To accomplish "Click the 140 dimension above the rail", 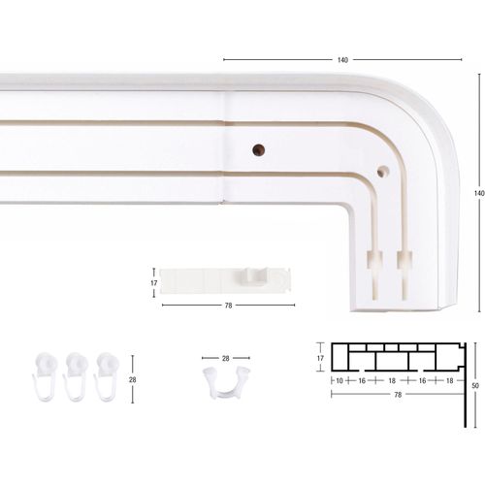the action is pyautogui.click(x=342, y=60).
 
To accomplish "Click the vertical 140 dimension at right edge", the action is pyautogui.click(x=479, y=193).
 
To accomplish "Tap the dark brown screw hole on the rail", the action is pyautogui.click(x=258, y=150).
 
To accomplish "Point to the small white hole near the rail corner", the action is pyautogui.click(x=382, y=172).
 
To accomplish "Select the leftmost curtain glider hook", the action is pyautogui.click(x=46, y=376).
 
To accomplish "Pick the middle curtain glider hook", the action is pyautogui.click(x=76, y=376).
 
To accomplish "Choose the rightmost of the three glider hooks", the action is pyautogui.click(x=107, y=376).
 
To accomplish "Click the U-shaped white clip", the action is pyautogui.click(x=226, y=383).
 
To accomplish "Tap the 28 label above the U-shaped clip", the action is pyautogui.click(x=226, y=358).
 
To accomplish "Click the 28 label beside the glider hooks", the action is pyautogui.click(x=133, y=380).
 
